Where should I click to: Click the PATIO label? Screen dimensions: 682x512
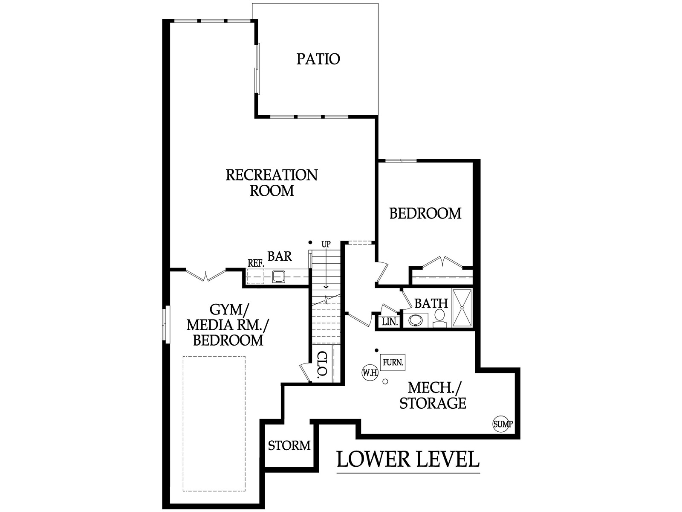tap(318, 59)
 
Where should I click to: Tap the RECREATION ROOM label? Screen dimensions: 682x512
tap(272, 183)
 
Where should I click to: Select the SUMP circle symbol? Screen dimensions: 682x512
tap(502, 424)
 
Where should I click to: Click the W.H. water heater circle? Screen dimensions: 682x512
tap(370, 372)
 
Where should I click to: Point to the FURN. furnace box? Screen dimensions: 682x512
tap(393, 362)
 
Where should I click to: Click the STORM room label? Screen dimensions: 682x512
tap(289, 445)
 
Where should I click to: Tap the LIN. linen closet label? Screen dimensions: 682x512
tap(390, 322)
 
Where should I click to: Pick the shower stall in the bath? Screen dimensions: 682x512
tap(462, 308)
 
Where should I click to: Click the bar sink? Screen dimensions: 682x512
tap(279, 276)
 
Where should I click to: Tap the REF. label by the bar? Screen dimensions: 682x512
tap(256, 264)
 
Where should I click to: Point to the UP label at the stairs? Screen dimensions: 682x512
tap(326, 244)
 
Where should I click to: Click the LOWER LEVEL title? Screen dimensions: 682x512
tap(408, 459)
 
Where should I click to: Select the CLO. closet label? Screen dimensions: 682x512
tap(323, 365)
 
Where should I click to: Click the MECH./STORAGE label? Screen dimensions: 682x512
tap(433, 396)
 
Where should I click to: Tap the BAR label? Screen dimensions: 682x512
tap(280, 256)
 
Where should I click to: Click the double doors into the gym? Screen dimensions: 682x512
tap(205, 274)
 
